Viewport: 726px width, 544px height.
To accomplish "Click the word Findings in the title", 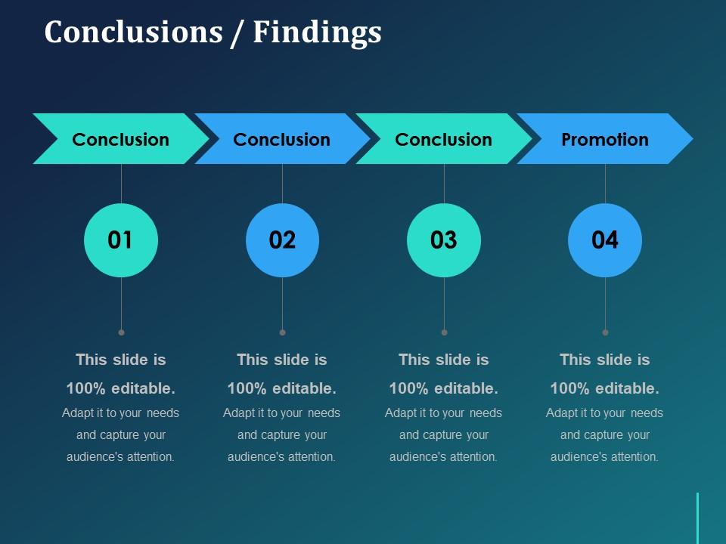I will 317,33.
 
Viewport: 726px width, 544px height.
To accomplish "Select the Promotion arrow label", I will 605,139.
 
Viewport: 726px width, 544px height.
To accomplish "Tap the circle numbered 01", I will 121,240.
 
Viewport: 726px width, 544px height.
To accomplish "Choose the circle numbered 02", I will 282,240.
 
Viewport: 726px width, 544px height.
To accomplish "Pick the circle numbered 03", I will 444,240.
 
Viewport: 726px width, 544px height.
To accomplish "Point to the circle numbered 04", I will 605,240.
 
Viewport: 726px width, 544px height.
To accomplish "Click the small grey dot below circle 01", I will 121,332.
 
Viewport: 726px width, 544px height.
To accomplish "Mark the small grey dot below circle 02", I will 282,332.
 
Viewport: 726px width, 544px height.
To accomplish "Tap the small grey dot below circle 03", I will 444,332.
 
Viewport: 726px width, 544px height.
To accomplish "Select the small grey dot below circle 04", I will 605,332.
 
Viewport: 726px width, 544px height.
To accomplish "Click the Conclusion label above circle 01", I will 121,139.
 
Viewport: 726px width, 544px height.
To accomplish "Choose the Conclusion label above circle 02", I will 282,139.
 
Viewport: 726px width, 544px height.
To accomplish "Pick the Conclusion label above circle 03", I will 444,139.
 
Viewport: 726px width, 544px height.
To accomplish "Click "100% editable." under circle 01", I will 121,388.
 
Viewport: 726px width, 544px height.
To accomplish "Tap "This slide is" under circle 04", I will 605,360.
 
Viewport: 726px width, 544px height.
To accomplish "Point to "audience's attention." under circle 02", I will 282,456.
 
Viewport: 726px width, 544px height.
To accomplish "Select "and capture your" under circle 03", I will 444,434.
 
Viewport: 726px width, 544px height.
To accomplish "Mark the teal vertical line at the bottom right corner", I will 697,518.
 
